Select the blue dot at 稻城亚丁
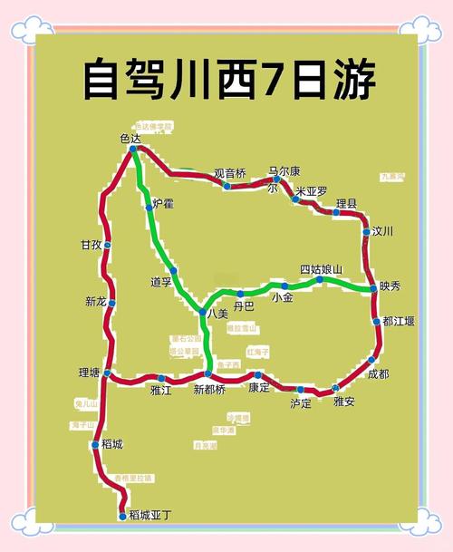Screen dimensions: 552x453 click(x=123, y=516)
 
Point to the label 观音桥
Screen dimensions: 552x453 click(x=229, y=174)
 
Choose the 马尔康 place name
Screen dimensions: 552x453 click(x=284, y=171)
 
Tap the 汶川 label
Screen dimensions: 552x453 click(x=383, y=232)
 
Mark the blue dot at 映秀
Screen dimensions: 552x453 click(x=373, y=288)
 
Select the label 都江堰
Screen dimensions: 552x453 click(x=399, y=322)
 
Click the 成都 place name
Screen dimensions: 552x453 click(x=378, y=373)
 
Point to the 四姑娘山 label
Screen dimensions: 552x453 click(x=322, y=269)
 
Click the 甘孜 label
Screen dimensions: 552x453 click(x=92, y=246)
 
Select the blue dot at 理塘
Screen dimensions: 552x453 click(x=107, y=373)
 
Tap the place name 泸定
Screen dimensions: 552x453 click(x=301, y=403)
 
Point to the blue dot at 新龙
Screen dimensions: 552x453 click(x=111, y=303)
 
